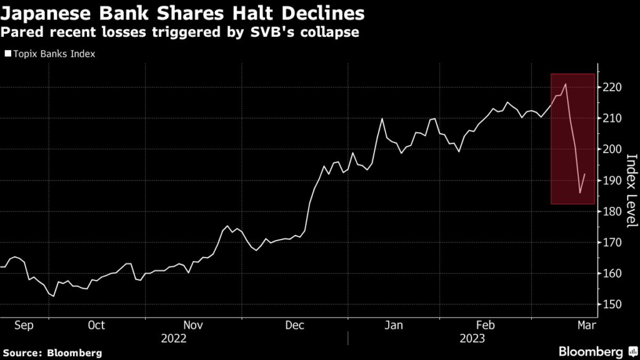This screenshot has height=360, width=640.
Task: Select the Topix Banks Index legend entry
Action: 50,54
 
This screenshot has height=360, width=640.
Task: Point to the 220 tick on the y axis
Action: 612,88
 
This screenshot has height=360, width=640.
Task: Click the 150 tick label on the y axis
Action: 612,304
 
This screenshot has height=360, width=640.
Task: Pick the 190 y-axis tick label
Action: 612,181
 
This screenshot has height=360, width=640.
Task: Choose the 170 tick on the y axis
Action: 612,242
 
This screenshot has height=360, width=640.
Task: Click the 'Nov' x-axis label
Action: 193,325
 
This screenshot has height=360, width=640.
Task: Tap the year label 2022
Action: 174,338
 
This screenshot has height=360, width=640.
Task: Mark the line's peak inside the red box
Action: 565,84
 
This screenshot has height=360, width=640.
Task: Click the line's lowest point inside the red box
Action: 579,193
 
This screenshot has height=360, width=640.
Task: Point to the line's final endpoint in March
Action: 585,174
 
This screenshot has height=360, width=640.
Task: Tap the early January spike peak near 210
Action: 381,118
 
